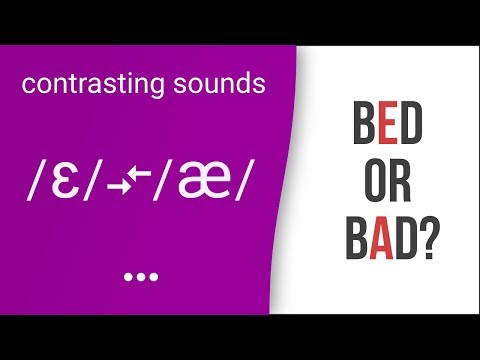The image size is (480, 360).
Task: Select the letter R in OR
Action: point(401,186)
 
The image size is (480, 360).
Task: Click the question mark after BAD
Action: point(432,243)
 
